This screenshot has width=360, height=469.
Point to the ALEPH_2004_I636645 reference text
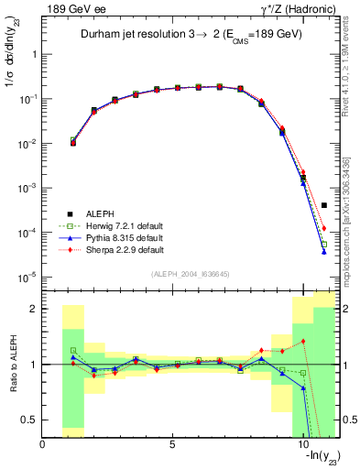(x=191, y=274)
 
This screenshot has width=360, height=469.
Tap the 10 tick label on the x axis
(x=303, y=446)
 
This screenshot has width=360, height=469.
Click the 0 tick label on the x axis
(x=43, y=446)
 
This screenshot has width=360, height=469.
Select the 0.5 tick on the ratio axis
(x=30, y=420)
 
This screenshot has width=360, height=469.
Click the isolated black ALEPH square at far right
(x=324, y=205)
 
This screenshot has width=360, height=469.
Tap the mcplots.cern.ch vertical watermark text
(x=352, y=229)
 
